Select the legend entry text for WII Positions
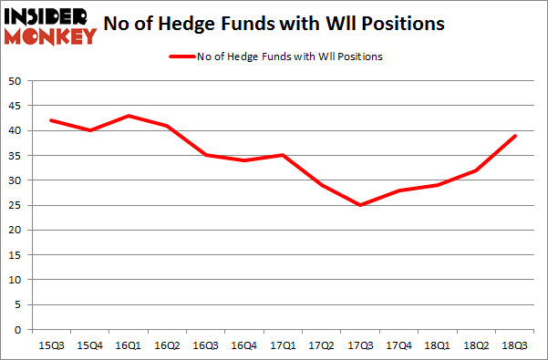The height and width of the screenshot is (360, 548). (289, 57)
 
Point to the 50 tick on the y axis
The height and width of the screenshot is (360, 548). (15, 81)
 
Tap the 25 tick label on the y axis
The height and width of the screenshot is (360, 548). (15, 205)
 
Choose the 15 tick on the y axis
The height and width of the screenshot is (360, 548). (15, 255)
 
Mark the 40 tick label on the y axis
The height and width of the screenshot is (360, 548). (15, 131)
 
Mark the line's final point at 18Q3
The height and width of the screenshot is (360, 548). (516, 136)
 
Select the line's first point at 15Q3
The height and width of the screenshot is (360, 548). (50, 120)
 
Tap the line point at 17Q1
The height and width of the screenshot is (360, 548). (283, 155)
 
